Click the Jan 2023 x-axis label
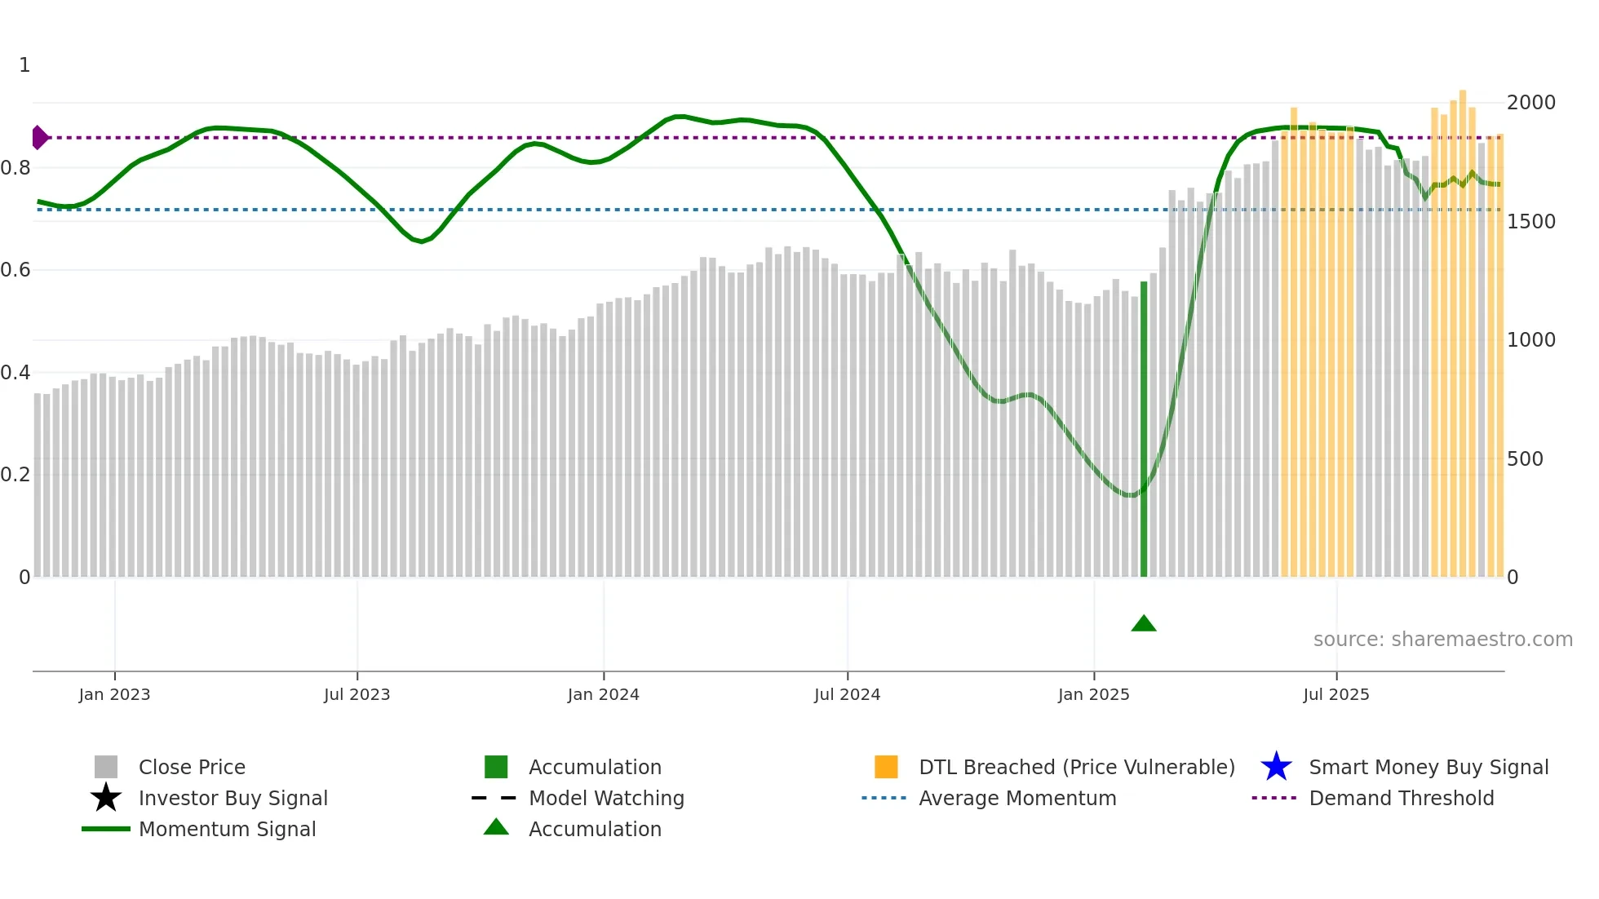point(114,694)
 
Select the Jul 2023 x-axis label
point(357,694)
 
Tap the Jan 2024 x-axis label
point(603,694)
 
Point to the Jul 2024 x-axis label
point(847,694)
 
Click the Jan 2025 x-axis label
point(1093,694)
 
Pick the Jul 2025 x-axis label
point(1335,694)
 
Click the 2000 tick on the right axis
point(1530,103)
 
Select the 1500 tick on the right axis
point(1530,222)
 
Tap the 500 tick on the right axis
point(1525,459)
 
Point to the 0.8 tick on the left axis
point(16,168)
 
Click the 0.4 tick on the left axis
point(16,373)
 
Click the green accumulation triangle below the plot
point(1144,624)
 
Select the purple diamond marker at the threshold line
point(39,138)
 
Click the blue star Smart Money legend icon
point(1276,767)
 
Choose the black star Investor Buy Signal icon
point(106,798)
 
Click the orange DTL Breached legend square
point(886,767)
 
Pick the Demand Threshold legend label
point(1401,798)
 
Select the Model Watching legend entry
point(606,798)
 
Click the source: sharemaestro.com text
point(1442,640)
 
